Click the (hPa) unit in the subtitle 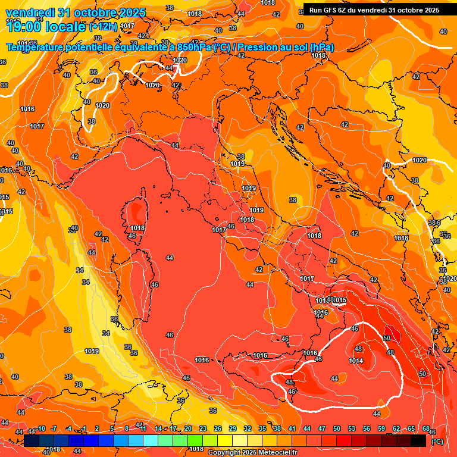pos(322,48)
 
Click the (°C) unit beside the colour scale pos(437,441)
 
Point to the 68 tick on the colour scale pos(426,428)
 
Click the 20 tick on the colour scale pos(188,428)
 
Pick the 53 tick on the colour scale pos(352,428)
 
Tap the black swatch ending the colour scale pos(418,440)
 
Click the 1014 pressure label pos(356,361)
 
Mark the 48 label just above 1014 pos(358,349)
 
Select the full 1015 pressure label pos(339,301)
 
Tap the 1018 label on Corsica pos(137,228)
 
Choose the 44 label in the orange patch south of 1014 pos(376,413)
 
